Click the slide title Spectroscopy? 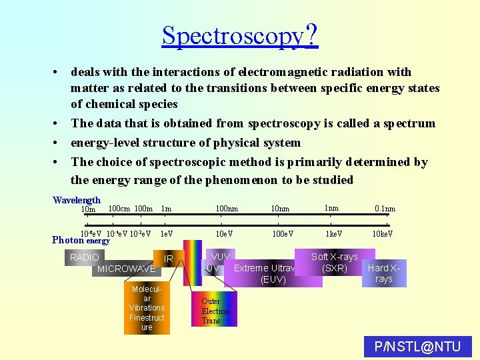[239, 35]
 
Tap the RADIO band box [84, 257]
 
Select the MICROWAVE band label [126, 269]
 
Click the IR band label [169, 259]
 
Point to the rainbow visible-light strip [193, 262]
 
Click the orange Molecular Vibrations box [147, 308]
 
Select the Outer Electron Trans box [215, 311]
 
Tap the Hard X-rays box [383, 273]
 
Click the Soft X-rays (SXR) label [334, 262]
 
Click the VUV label [220, 257]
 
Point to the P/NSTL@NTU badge [418, 347]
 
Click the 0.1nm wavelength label [385, 209]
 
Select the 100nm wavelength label [227, 209]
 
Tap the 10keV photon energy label [382, 234]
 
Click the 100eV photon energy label [283, 234]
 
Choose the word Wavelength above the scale [77, 200]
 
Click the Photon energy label [81, 240]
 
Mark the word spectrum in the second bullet [408, 123]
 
